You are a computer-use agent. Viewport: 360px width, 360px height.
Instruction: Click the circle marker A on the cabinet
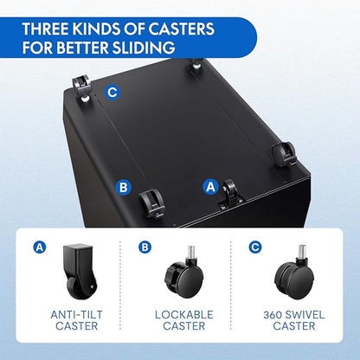coord(211,187)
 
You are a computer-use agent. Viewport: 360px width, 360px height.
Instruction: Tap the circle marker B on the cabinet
coord(123,188)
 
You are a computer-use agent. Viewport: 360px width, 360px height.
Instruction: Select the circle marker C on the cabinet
coord(112,93)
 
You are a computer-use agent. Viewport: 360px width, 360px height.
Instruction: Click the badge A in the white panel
coord(40,247)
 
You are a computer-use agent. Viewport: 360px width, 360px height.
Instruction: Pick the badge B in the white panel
coord(145,247)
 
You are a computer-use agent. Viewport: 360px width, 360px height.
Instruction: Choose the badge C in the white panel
coord(255,247)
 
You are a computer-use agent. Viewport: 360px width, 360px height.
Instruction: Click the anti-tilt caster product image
coord(80,271)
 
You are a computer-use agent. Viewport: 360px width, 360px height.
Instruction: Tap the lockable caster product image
coord(184,273)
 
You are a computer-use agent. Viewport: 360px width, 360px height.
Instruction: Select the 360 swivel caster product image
coord(294,273)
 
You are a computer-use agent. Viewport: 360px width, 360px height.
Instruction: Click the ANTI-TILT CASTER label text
coord(76,320)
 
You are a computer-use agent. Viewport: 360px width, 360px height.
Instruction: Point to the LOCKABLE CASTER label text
coord(184,320)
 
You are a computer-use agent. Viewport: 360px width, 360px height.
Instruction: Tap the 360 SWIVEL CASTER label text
coord(294,320)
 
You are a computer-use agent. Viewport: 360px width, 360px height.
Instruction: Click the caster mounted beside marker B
coord(151,202)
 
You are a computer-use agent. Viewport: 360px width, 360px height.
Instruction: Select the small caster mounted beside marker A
coord(230,194)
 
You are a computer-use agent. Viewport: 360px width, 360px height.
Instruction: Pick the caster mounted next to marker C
coord(82,88)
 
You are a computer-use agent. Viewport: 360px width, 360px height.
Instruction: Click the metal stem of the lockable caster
coord(191,252)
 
